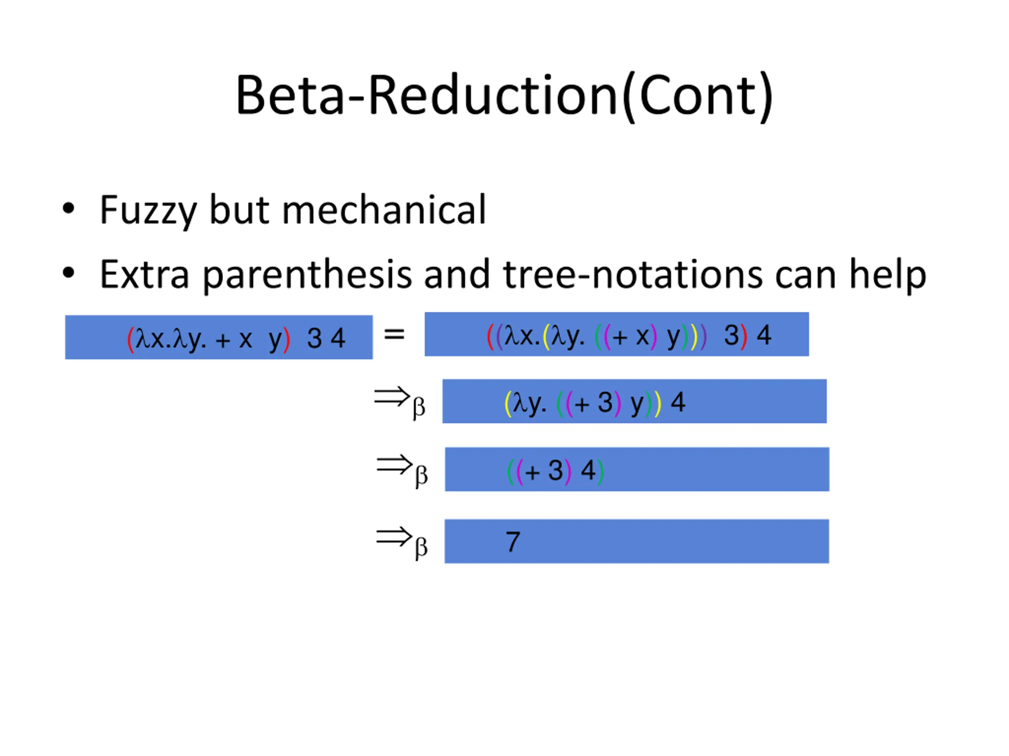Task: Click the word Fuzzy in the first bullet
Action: [x=148, y=210]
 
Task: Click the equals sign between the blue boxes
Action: [x=394, y=335]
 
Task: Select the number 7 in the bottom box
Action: [x=513, y=542]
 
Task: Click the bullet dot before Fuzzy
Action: [x=69, y=209]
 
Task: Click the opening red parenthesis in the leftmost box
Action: [x=130, y=339]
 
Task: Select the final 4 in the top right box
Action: [x=764, y=335]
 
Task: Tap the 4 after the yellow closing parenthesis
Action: [x=678, y=402]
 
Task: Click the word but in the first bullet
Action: [x=239, y=210]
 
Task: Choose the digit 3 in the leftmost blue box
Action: [x=314, y=339]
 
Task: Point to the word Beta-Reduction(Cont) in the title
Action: [x=504, y=96]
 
